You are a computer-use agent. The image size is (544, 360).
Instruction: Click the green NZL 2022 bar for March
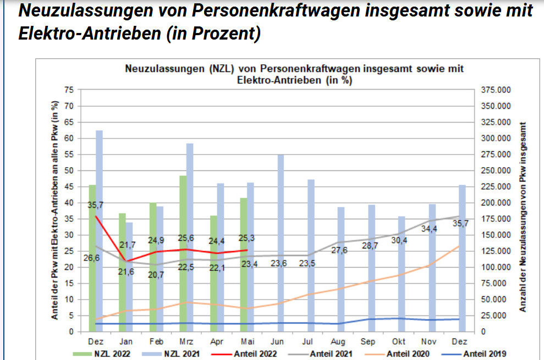coord(183,253)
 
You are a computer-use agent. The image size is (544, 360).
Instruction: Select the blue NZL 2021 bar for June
coord(281,242)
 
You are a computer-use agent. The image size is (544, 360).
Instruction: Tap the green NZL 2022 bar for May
coord(243,264)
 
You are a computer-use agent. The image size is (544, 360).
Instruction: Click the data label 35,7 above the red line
coord(95,205)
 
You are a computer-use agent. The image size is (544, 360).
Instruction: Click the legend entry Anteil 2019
coord(484,354)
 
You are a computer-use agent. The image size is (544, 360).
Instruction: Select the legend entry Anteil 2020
coord(408,354)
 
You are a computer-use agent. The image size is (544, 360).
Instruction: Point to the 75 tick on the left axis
coord(69,90)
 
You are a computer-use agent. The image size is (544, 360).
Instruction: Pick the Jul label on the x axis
coord(311,341)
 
